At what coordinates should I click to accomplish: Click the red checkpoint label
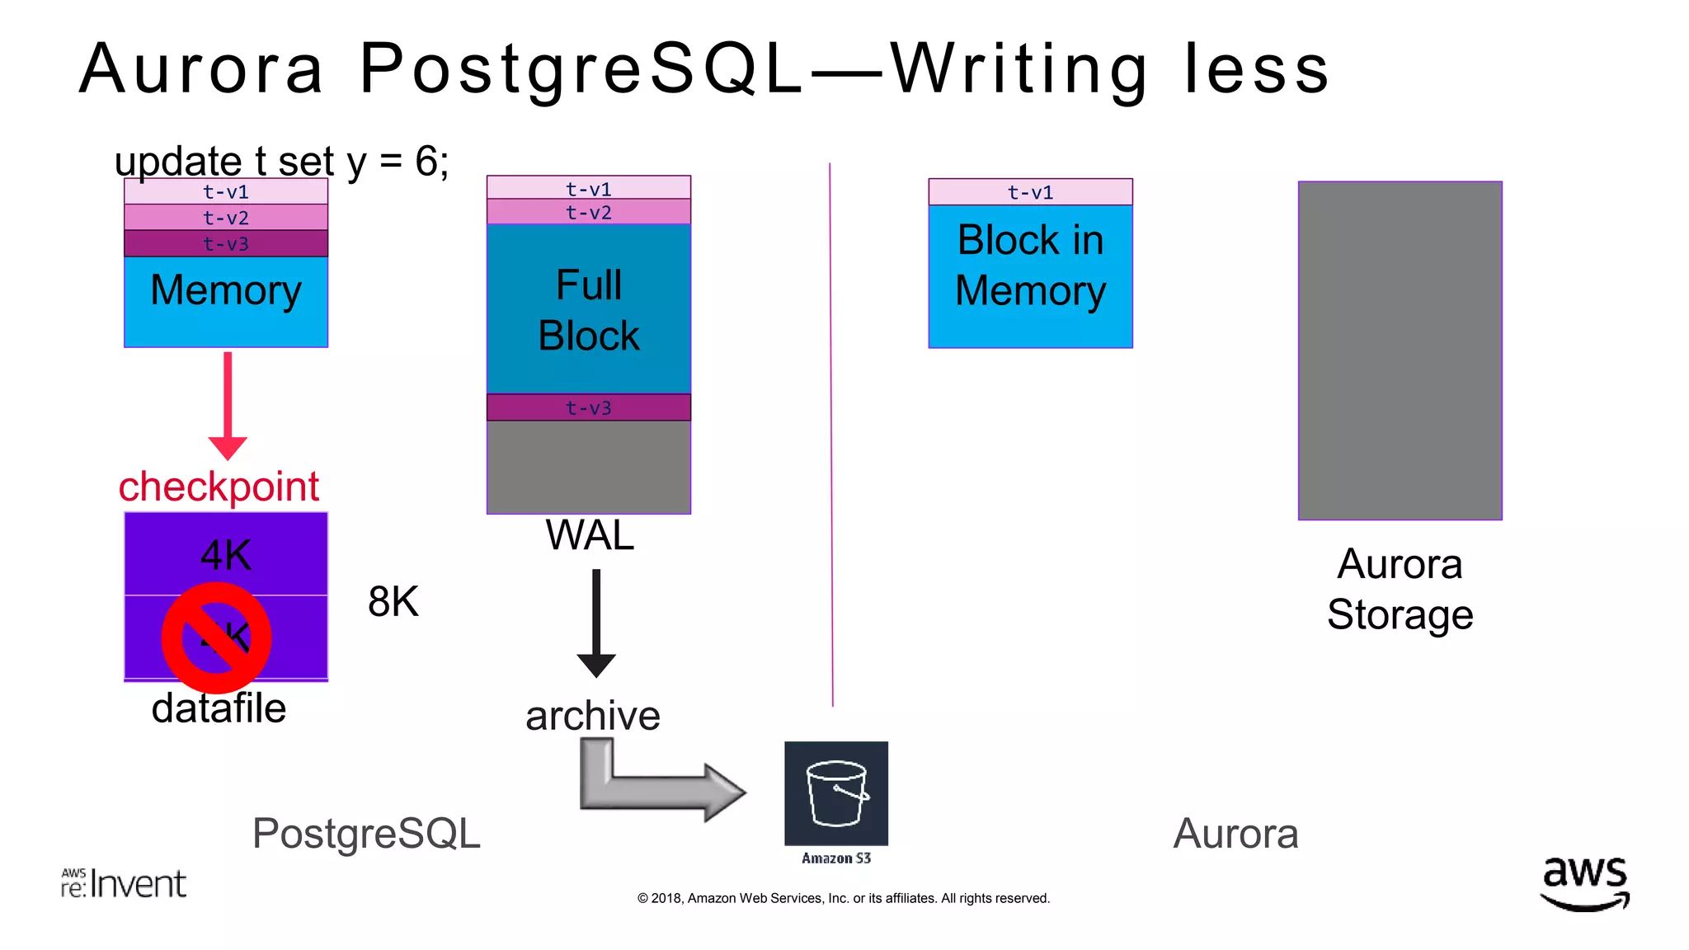pyautogui.click(x=219, y=487)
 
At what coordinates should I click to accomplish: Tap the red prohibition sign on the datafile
pyautogui.click(x=217, y=637)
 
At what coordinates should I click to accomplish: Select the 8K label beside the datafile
pyautogui.click(x=393, y=602)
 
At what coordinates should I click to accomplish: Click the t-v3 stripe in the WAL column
pyautogui.click(x=588, y=407)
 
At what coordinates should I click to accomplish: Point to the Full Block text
pyautogui.click(x=588, y=310)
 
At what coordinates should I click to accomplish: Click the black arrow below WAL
pyautogui.click(x=596, y=623)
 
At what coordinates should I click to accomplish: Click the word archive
pyautogui.click(x=593, y=716)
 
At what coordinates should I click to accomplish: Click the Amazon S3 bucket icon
pyautogui.click(x=836, y=793)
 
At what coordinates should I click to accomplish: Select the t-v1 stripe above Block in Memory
pyautogui.click(x=1030, y=192)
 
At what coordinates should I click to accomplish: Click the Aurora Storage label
pyautogui.click(x=1400, y=589)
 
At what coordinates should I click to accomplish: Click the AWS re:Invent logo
pyautogui.click(x=124, y=883)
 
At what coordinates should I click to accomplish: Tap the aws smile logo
pyautogui.click(x=1584, y=883)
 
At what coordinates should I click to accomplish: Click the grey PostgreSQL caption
pyautogui.click(x=366, y=833)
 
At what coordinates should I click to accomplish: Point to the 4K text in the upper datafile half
pyautogui.click(x=226, y=555)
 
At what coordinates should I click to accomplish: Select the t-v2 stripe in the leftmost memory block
pyautogui.click(x=226, y=218)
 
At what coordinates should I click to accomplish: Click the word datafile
pyautogui.click(x=219, y=708)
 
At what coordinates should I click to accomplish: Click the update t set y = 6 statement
pyautogui.click(x=282, y=161)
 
